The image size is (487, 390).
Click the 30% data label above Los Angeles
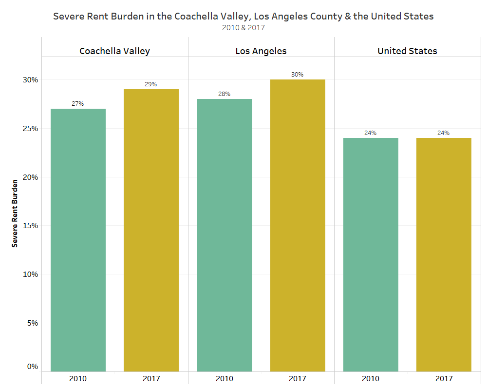(x=298, y=75)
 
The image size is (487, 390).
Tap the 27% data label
(x=78, y=104)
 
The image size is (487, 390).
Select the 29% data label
(x=151, y=84)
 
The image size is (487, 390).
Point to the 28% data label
(x=225, y=94)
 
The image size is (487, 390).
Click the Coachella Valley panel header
(x=114, y=51)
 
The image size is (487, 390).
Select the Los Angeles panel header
(x=261, y=51)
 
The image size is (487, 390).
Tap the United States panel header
(x=407, y=51)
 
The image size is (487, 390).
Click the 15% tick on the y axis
(x=31, y=226)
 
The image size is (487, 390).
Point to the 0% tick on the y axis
(x=33, y=367)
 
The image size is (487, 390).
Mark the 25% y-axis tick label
(x=31, y=129)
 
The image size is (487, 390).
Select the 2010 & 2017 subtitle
(x=243, y=28)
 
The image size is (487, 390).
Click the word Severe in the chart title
(x=68, y=16)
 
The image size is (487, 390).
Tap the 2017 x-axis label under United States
(x=444, y=378)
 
